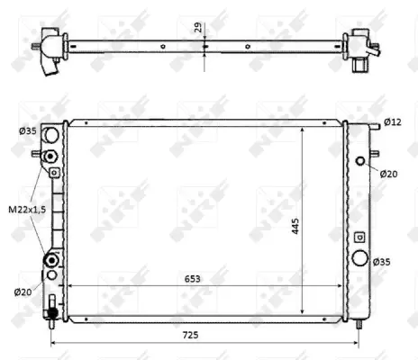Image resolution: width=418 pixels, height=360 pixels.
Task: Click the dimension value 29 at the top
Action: pos(198,27)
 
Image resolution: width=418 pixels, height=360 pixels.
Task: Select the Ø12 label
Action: pos(391,121)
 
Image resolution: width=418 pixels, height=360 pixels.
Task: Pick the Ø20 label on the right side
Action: pos(388,173)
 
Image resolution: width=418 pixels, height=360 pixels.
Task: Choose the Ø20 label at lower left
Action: pos(23,291)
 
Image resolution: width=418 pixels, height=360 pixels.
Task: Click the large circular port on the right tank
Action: pos(362,259)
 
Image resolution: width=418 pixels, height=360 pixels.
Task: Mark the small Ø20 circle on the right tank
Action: pos(361,162)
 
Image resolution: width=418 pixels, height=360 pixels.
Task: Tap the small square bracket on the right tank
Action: pos(360,237)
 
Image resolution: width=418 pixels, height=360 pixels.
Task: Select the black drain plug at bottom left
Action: pos(52,312)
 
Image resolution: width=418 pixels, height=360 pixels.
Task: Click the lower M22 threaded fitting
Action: pos(52,260)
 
